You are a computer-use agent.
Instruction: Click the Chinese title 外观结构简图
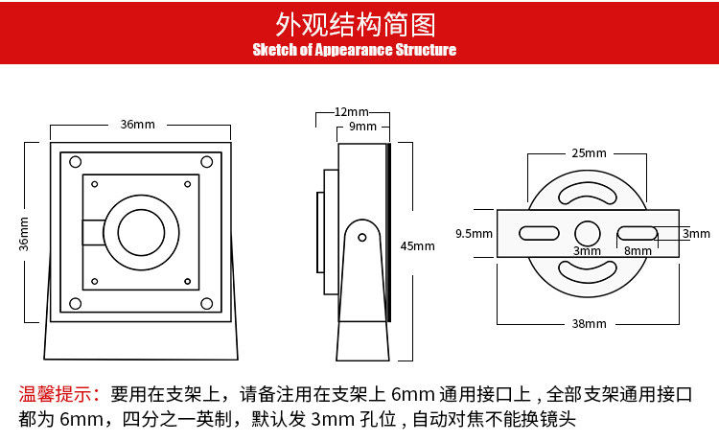[356, 24]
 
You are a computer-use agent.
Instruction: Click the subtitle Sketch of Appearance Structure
[355, 50]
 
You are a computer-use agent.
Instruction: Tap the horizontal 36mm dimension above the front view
[137, 125]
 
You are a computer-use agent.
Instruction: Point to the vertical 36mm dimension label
[24, 234]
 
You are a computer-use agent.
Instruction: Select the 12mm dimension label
[351, 112]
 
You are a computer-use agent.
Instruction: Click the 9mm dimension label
[362, 127]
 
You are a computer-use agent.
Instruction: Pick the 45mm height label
[417, 246]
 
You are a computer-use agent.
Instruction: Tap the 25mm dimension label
[589, 153]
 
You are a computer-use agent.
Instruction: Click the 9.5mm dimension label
[475, 233]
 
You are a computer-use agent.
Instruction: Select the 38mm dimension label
[589, 324]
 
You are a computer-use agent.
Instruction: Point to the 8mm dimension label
[638, 251]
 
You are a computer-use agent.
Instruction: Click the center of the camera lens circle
[141, 232]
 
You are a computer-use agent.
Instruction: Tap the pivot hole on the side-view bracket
[362, 238]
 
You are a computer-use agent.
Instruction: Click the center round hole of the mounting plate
[588, 233]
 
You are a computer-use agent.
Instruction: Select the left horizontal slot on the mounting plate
[539, 233]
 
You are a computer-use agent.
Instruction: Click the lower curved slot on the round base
[588, 276]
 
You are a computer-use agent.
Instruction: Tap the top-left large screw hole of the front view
[75, 162]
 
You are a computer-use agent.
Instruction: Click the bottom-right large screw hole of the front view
[207, 304]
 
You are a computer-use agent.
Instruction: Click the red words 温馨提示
[59, 394]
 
